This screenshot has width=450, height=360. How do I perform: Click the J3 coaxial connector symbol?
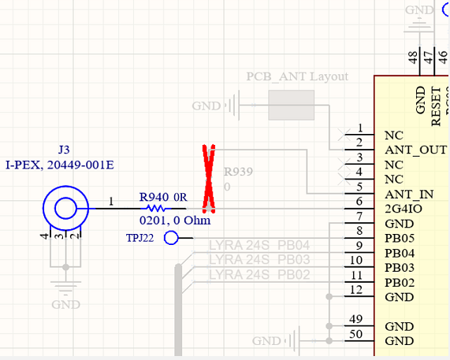pyautogui.click(x=65, y=209)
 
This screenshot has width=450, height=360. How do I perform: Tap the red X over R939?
pyautogui.click(x=209, y=179)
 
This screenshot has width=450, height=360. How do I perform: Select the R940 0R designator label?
pyautogui.click(x=164, y=196)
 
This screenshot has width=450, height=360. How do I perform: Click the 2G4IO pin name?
pyautogui.click(x=404, y=210)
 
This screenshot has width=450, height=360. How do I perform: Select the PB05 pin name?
pyautogui.click(x=400, y=239)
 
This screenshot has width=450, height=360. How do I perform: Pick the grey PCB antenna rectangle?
pyautogui.click(x=292, y=105)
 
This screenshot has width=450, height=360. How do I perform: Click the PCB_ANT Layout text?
pyautogui.click(x=297, y=77)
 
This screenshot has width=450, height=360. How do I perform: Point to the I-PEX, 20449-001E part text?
pyautogui.click(x=64, y=165)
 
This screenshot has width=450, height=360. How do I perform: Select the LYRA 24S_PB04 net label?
pyautogui.click(x=259, y=245)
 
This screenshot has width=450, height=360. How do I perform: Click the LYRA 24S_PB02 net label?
pyautogui.click(x=259, y=274)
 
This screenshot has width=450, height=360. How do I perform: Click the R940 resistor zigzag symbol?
pyautogui.click(x=154, y=209)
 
